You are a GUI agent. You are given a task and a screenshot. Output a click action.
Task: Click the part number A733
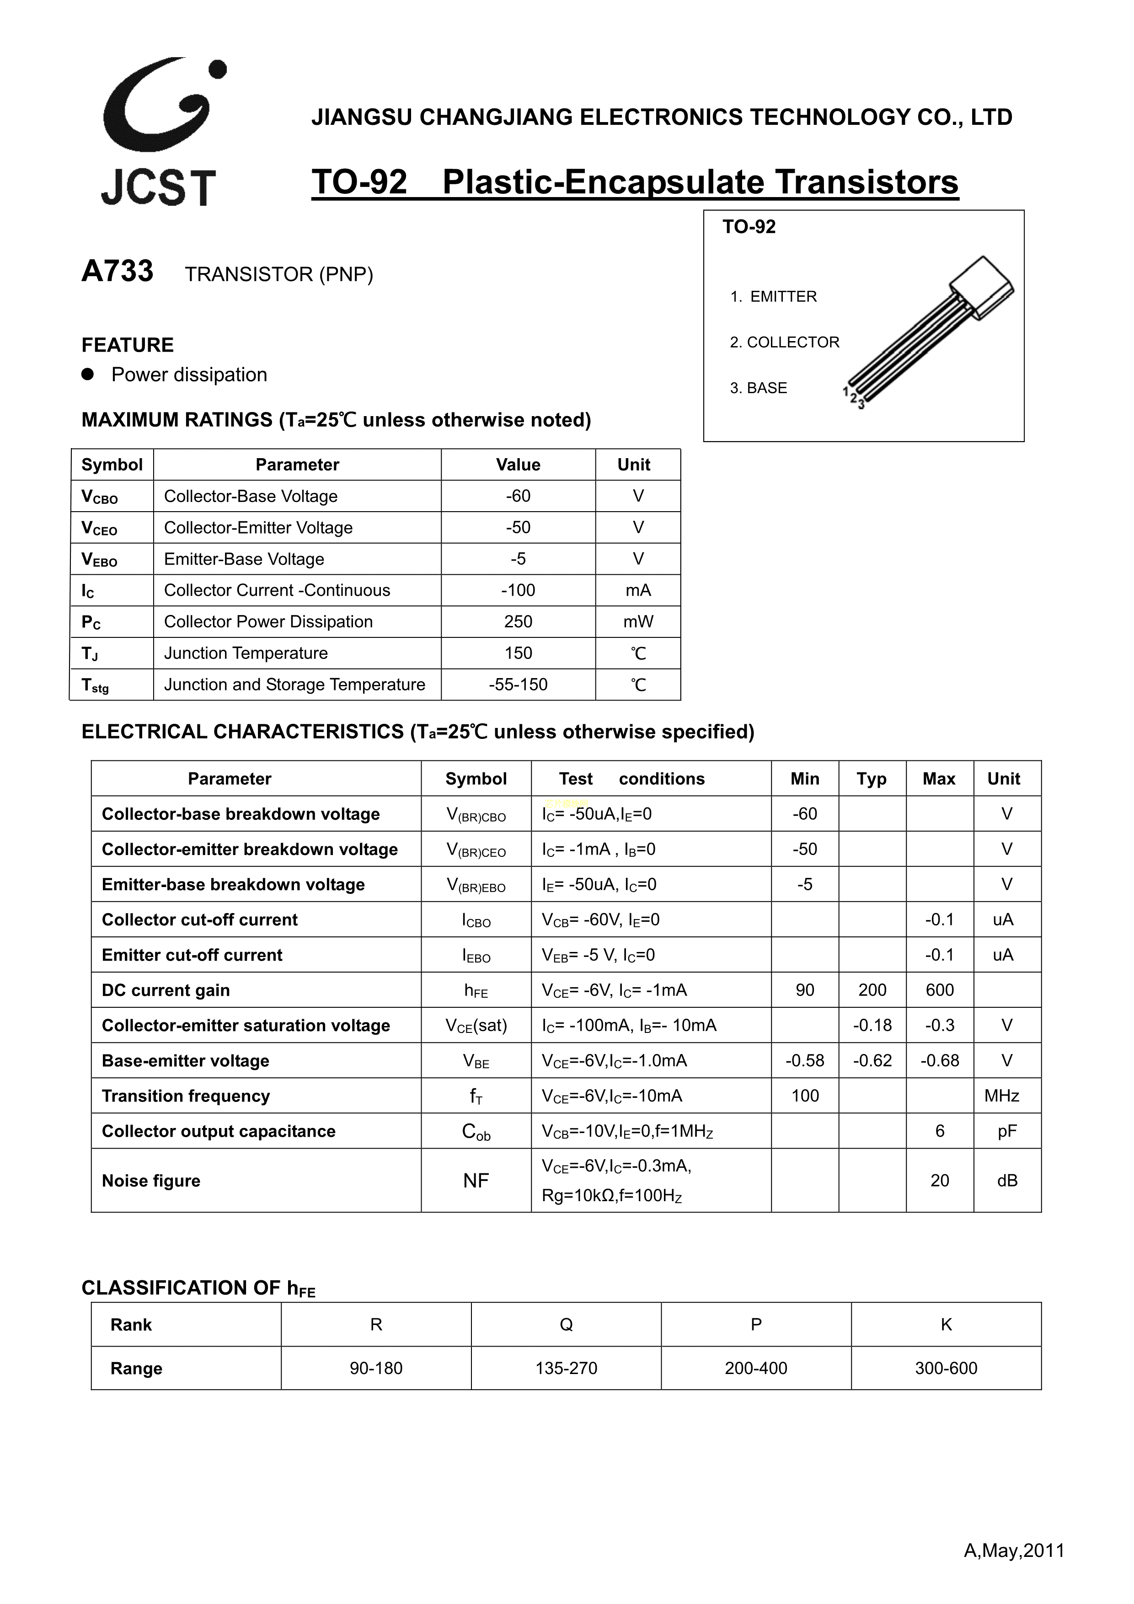[118, 271]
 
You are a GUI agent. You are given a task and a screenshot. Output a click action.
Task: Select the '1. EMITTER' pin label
[774, 297]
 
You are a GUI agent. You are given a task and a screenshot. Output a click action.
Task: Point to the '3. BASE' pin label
[758, 388]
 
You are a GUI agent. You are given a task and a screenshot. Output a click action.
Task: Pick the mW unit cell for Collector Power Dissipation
[638, 622]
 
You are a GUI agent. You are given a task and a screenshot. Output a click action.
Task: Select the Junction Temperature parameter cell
[246, 653]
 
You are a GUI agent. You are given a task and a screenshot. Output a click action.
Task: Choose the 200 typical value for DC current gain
[872, 990]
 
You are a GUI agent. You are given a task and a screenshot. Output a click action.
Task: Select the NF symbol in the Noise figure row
[476, 1181]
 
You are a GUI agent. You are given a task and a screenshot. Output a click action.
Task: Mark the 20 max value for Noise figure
[939, 1181]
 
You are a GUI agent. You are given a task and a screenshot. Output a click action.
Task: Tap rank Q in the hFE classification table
[566, 1325]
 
